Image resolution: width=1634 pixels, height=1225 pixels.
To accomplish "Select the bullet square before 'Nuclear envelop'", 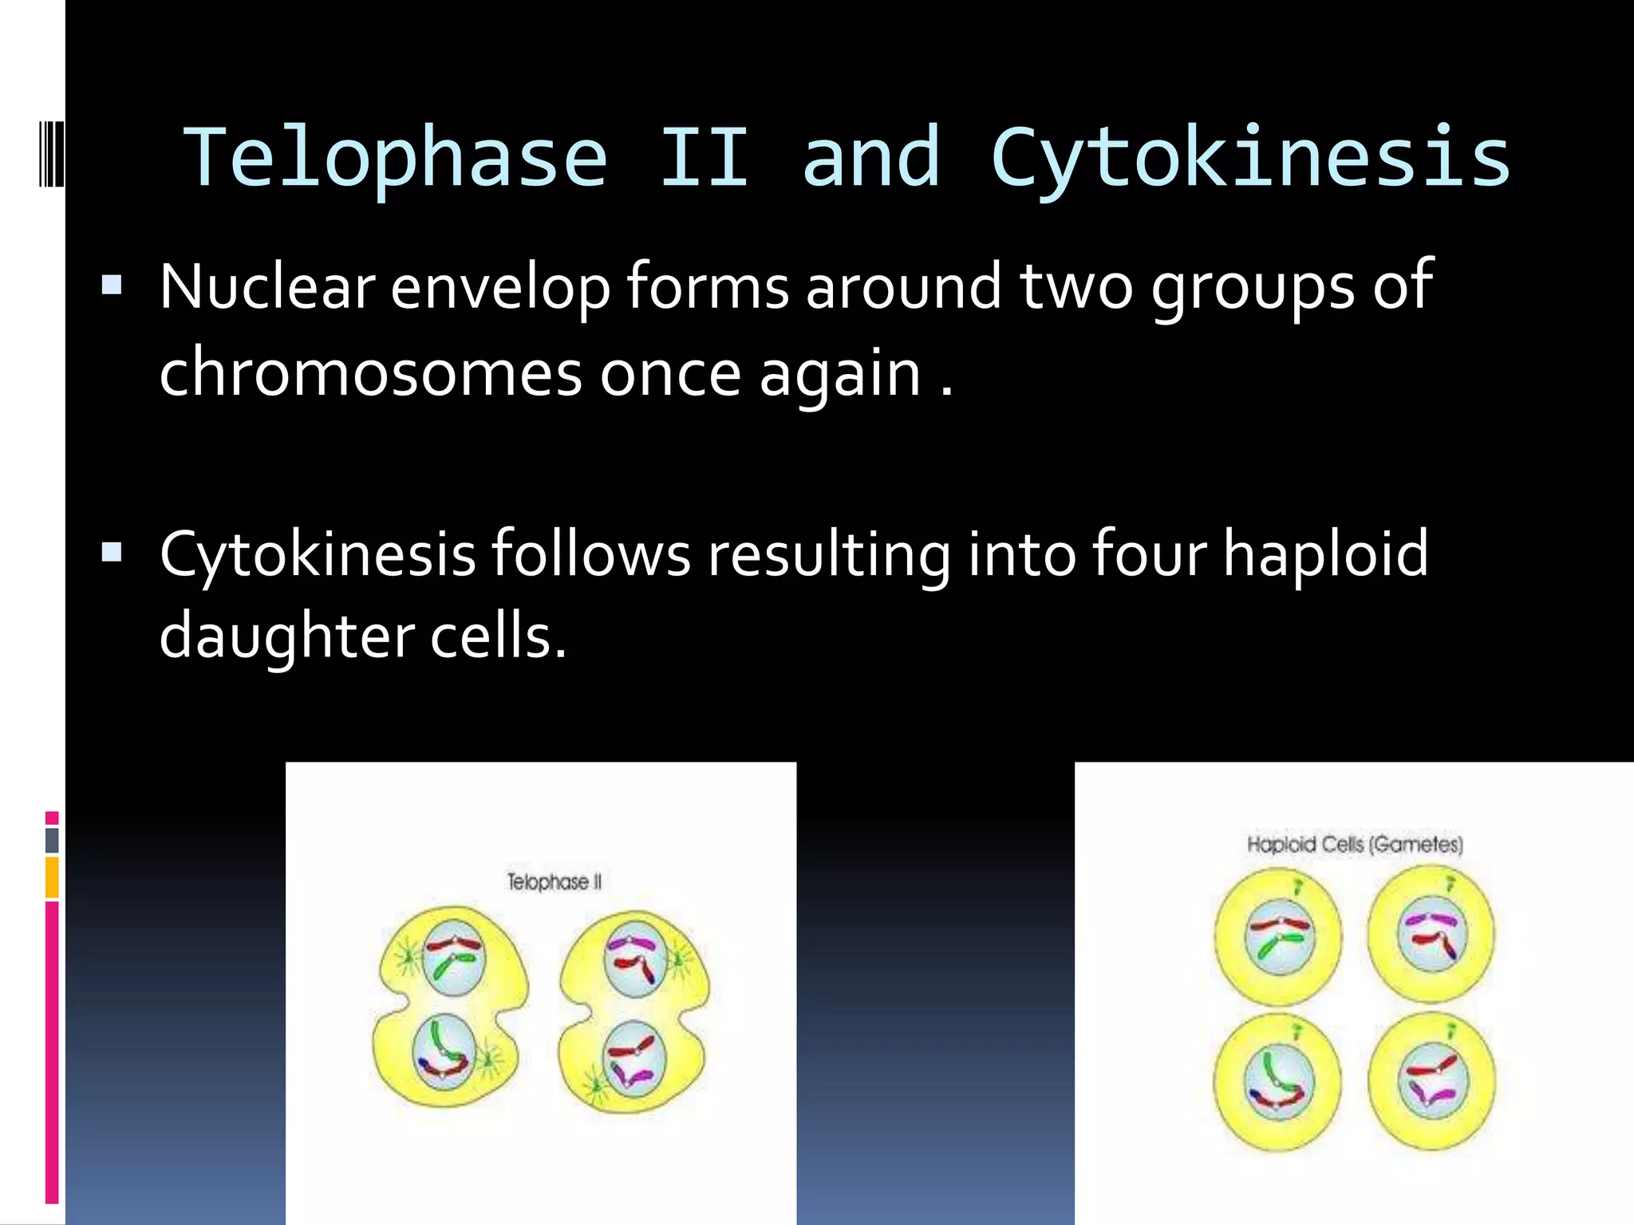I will [112, 286].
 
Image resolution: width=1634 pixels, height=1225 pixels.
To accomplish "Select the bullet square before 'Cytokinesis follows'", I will [112, 553].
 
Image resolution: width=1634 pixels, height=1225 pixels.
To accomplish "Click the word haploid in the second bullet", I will [1325, 554].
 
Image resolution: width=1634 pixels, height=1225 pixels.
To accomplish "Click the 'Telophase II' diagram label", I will [555, 882].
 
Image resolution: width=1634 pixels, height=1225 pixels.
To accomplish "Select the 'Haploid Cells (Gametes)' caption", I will [1355, 845].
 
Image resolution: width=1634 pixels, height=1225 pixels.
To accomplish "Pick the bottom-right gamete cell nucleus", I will [1433, 1081].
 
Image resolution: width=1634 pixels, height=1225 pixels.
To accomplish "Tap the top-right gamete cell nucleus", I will [1432, 933].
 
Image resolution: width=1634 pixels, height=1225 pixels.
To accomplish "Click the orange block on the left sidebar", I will [52, 877].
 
